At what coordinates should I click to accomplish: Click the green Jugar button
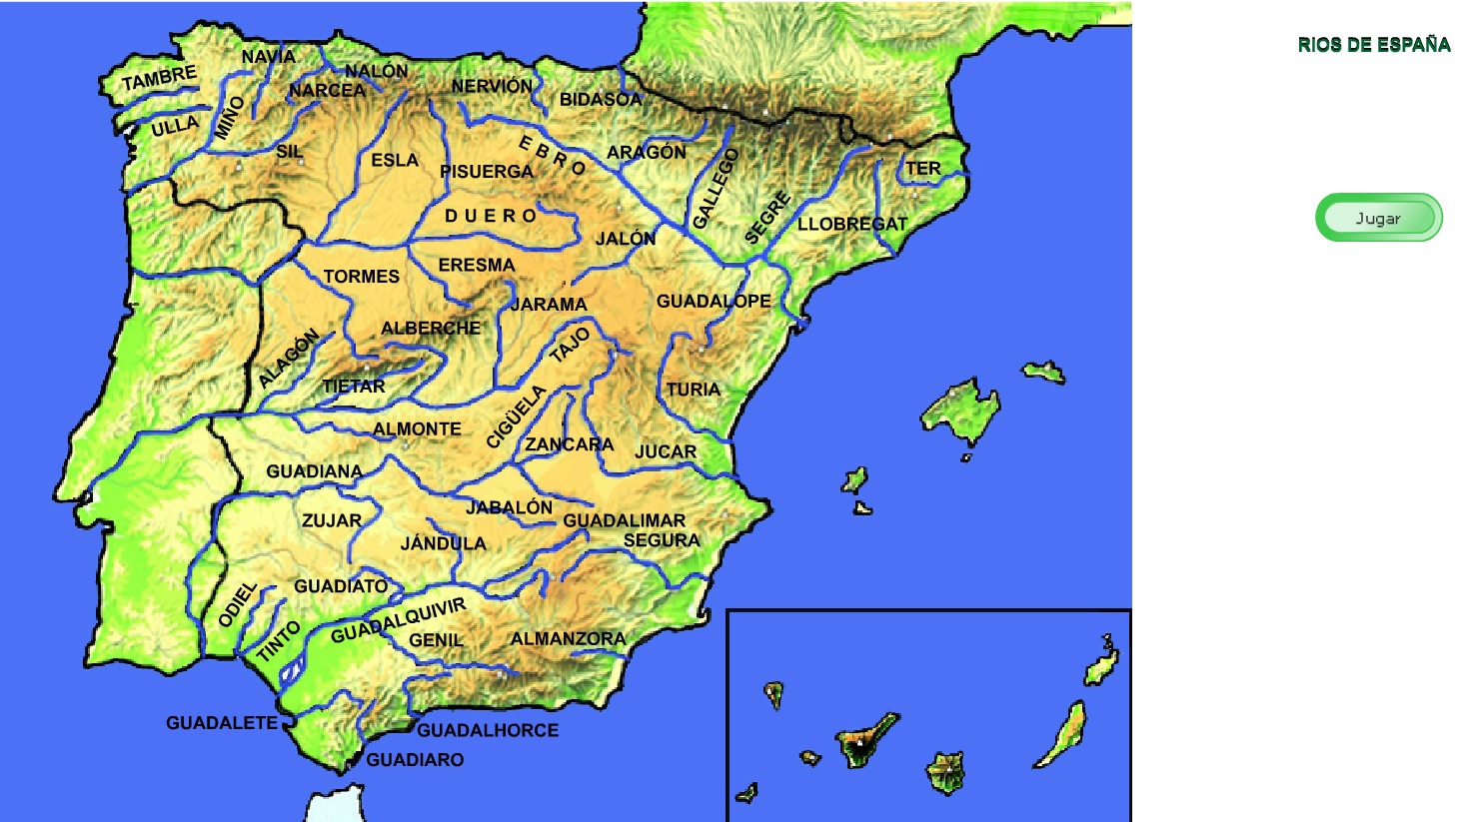coord(1378,218)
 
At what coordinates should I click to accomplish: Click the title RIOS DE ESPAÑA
coord(1373,45)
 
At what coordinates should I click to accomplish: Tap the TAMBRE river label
coord(159,78)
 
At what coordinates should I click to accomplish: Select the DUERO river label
coord(491,216)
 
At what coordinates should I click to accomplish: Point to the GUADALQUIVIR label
coord(398,620)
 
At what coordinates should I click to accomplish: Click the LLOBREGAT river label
coord(851,224)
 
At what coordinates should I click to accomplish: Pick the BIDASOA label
coord(600,99)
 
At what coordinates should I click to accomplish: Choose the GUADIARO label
coord(415,760)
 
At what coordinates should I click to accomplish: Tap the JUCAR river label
coord(666,451)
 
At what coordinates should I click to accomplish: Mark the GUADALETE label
coord(222,722)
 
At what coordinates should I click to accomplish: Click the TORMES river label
coord(361,277)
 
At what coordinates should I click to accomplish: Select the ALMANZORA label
coord(568,638)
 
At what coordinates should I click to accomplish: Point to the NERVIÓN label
coord(492,87)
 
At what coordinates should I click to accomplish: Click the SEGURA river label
coord(662,540)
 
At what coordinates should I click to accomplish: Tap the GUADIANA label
coord(314,471)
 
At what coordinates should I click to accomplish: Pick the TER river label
coord(922,168)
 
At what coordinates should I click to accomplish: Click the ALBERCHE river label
coord(431,328)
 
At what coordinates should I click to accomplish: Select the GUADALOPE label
coord(714,301)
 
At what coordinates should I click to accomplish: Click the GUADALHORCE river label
coord(488,730)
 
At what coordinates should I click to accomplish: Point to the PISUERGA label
coord(487,172)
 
